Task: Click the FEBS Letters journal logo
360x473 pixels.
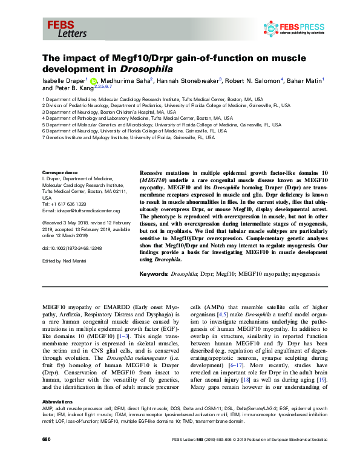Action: coord(63,28)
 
